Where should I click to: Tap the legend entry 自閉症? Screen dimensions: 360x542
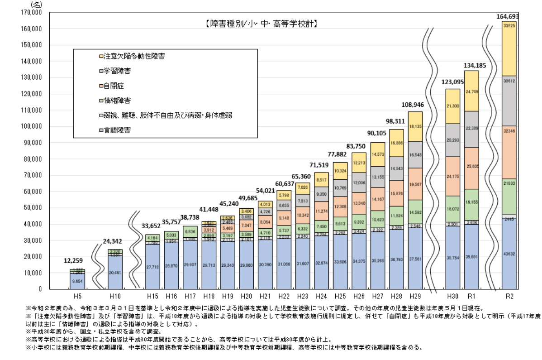click(x=114, y=86)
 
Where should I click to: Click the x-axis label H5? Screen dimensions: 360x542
click(x=77, y=296)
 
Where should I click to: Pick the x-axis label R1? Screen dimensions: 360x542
click(x=471, y=296)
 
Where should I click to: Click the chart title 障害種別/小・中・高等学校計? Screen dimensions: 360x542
click(x=260, y=24)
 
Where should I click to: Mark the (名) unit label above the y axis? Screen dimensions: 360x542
click(x=36, y=5)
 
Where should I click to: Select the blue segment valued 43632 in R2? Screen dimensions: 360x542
click(x=510, y=254)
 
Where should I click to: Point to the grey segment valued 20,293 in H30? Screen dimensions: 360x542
click(x=452, y=140)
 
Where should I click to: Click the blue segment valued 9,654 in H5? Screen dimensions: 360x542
click(x=77, y=281)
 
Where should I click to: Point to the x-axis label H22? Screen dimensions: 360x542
click(x=284, y=296)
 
